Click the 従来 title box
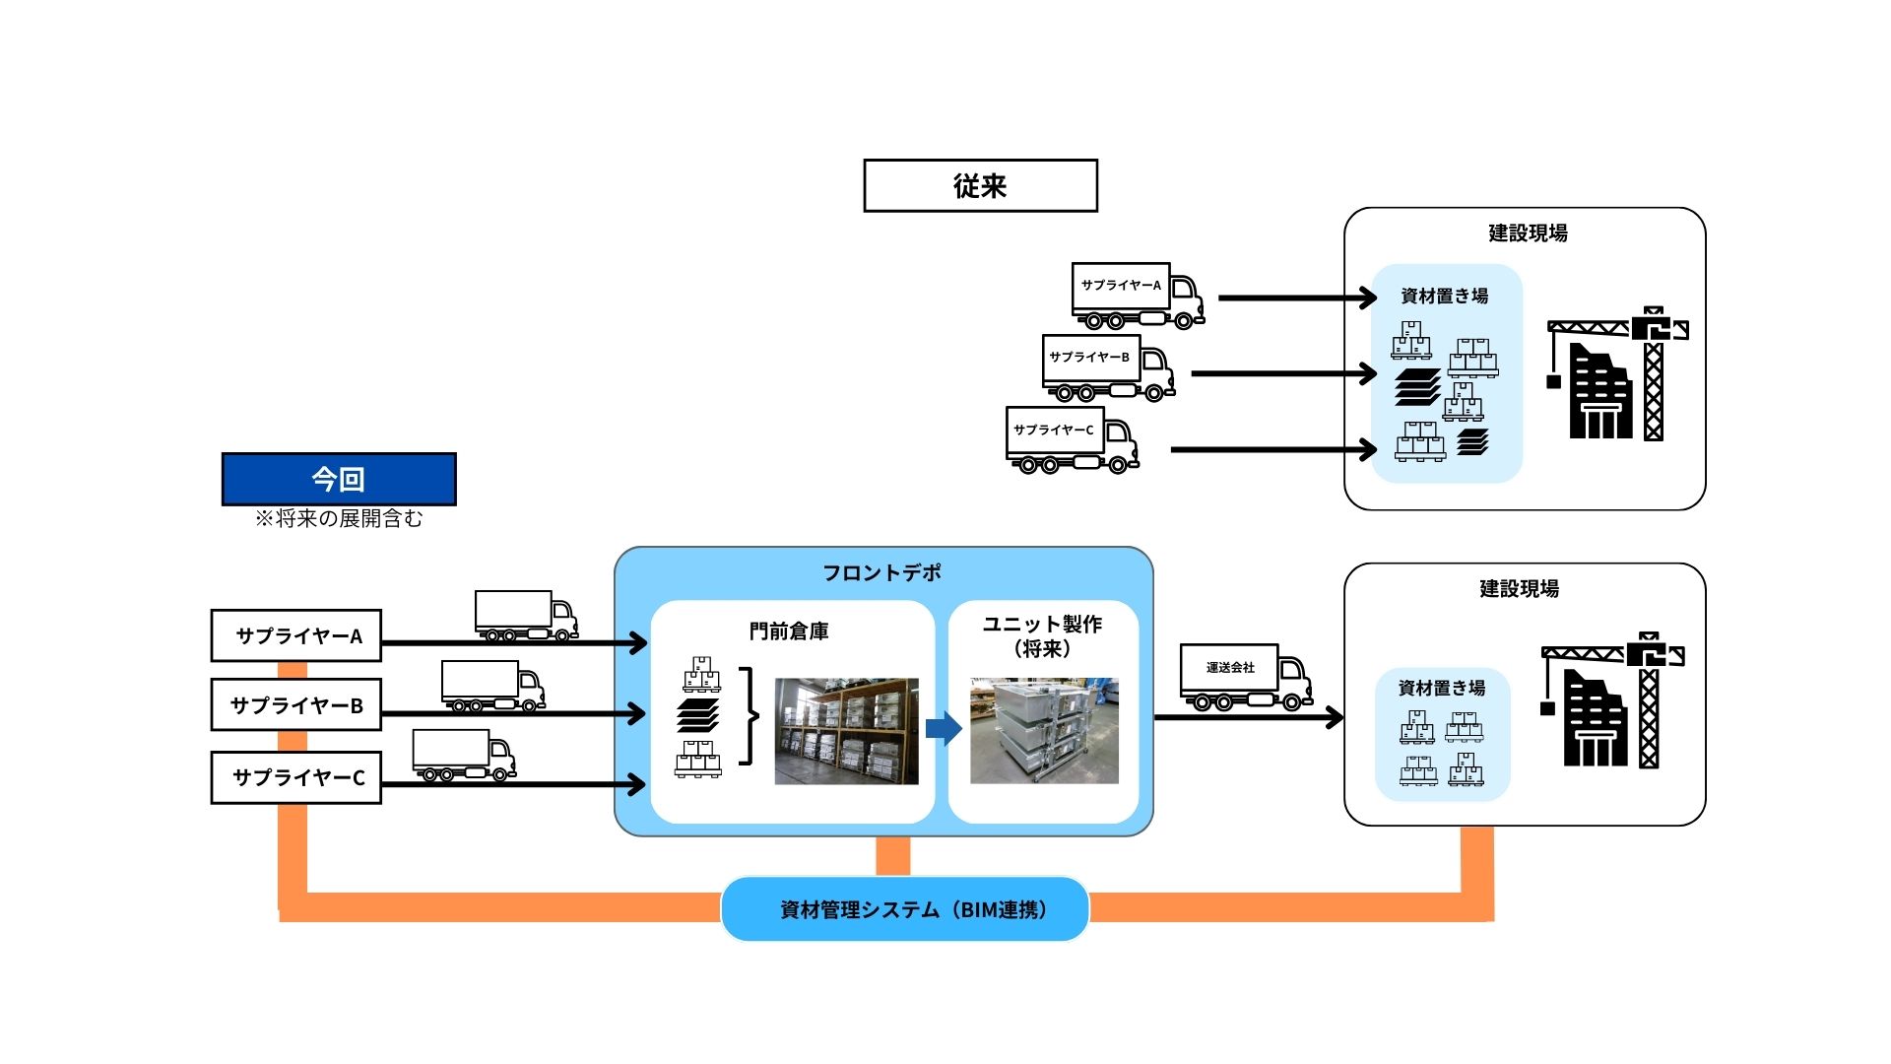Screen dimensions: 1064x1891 pyautogui.click(x=980, y=185)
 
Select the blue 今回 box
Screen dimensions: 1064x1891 pyautogui.click(x=339, y=479)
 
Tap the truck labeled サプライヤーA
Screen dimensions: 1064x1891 pyautogui.click(x=1137, y=295)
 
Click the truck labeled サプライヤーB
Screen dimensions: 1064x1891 pyautogui.click(x=1107, y=367)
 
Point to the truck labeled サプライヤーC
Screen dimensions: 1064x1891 pyautogui.click(x=1071, y=439)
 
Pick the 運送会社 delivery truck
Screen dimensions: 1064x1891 pyautogui.click(x=1245, y=677)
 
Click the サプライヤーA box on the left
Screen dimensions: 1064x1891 pyautogui.click(x=296, y=635)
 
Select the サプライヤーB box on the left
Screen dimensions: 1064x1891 pyautogui.click(x=296, y=705)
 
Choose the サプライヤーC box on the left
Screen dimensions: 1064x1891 pyautogui.click(x=296, y=777)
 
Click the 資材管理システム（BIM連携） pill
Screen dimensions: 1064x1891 pyautogui.click(x=905, y=909)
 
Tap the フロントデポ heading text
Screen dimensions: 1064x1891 pyautogui.click(x=881, y=572)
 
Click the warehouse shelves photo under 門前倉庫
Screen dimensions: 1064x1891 pyautogui.click(x=846, y=731)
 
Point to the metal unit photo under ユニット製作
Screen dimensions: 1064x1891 pyautogui.click(x=1044, y=730)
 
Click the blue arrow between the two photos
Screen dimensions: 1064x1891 pyautogui.click(x=944, y=729)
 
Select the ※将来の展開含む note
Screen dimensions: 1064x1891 pyautogui.click(x=339, y=518)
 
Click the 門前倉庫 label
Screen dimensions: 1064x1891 pyautogui.click(x=789, y=631)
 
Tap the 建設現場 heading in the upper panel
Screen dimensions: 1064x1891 pyautogui.click(x=1528, y=233)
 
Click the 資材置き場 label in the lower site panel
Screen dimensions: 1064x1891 pyautogui.click(x=1442, y=688)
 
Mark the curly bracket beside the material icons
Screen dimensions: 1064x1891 pyautogui.click(x=751, y=716)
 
